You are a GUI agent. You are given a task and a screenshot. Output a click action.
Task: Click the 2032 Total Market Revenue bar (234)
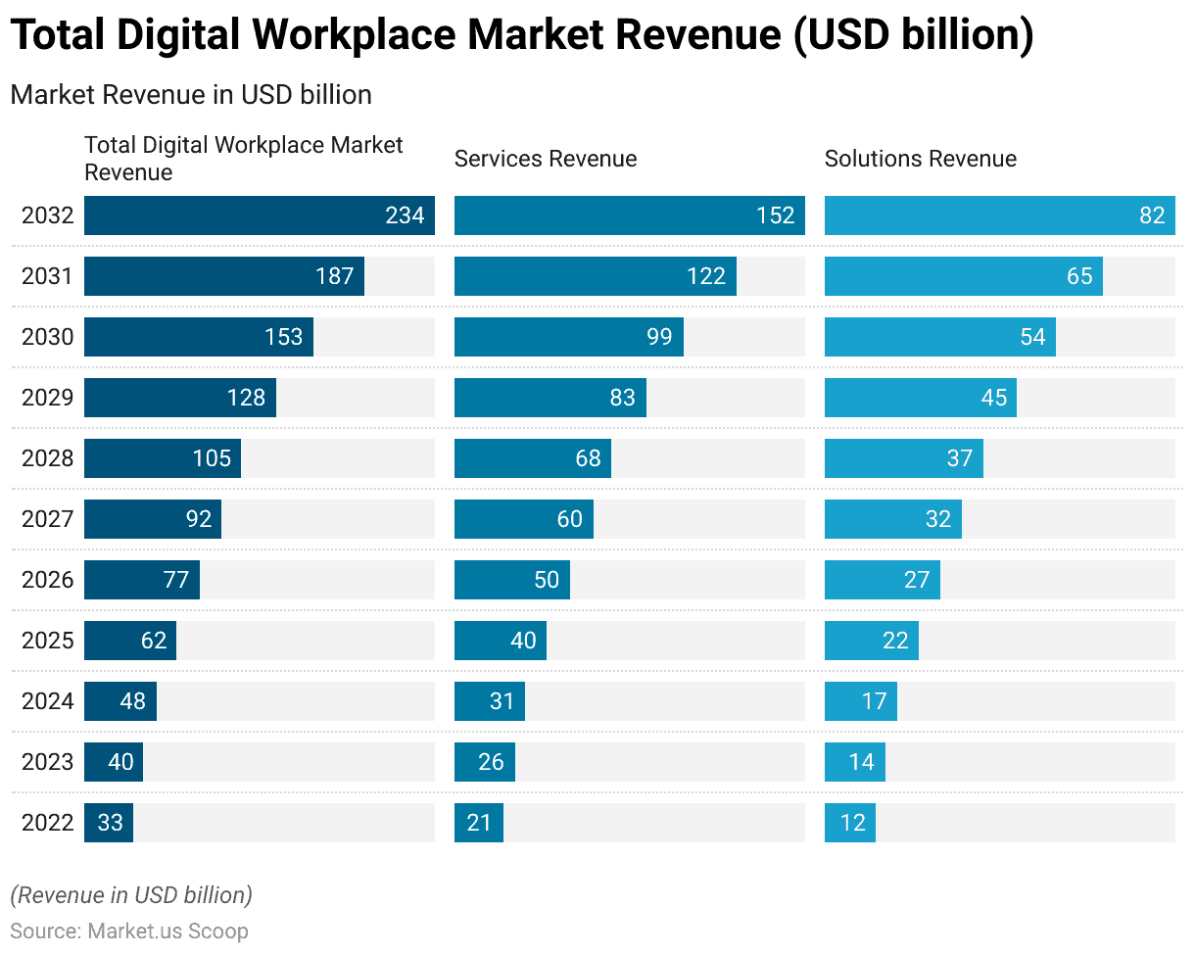click(259, 215)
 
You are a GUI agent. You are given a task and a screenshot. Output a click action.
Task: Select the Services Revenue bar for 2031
click(595, 276)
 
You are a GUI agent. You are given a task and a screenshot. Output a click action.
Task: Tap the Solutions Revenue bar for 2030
click(939, 337)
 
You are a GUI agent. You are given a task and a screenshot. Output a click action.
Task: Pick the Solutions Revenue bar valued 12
click(849, 823)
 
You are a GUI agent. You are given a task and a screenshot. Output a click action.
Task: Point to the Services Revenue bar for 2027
click(523, 519)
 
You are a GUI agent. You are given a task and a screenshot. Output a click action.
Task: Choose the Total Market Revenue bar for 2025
click(129, 641)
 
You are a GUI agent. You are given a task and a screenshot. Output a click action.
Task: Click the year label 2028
click(47, 458)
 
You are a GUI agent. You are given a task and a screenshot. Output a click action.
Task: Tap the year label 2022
click(47, 823)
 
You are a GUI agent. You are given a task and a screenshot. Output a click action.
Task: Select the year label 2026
click(47, 580)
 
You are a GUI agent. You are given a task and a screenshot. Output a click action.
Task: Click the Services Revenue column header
click(546, 159)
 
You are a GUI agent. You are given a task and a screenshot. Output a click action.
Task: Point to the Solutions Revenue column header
click(920, 159)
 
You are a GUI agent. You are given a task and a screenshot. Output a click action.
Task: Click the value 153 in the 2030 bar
click(283, 337)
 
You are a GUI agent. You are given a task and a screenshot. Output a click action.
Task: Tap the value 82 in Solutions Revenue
click(1152, 215)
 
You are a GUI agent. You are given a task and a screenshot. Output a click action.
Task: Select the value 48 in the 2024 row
click(132, 701)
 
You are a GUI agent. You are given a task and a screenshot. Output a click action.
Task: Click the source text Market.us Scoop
click(167, 930)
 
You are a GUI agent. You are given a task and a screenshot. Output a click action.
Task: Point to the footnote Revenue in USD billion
click(131, 895)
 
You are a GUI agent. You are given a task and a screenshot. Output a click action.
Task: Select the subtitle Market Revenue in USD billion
click(191, 95)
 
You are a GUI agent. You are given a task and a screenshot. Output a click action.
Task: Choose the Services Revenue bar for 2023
click(484, 762)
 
